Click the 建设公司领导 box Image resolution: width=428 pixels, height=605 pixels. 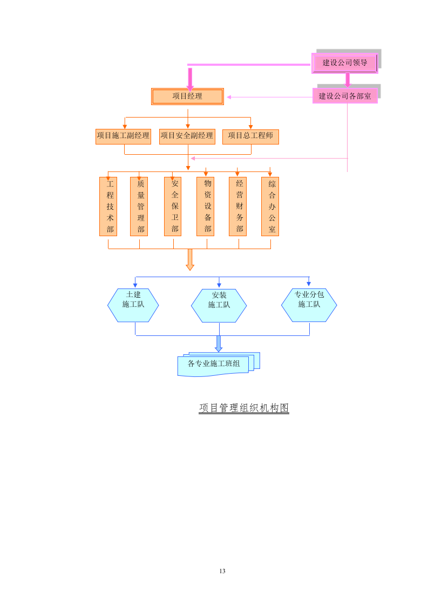click(x=345, y=63)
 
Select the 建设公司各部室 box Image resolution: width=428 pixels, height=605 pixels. click(x=345, y=96)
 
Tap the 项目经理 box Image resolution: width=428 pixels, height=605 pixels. click(x=187, y=97)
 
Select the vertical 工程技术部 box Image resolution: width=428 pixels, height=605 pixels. click(x=108, y=207)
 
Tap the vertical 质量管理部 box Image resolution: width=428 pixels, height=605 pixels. click(x=139, y=207)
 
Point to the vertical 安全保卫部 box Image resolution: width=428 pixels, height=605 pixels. click(x=173, y=207)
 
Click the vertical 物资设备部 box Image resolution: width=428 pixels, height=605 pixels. click(x=206, y=207)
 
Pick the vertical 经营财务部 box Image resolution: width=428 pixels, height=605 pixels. click(x=238, y=207)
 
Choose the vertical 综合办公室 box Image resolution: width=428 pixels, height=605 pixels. click(x=270, y=207)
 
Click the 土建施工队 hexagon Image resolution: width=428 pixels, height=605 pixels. click(x=133, y=305)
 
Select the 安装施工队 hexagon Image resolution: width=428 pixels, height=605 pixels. click(x=219, y=306)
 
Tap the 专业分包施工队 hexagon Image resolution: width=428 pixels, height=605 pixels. click(x=309, y=305)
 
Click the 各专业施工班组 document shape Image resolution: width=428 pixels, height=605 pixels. click(x=214, y=365)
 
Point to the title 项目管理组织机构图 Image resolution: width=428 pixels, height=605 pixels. click(x=244, y=408)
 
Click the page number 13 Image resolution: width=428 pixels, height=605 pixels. click(x=222, y=571)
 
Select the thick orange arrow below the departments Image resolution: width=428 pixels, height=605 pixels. click(x=190, y=259)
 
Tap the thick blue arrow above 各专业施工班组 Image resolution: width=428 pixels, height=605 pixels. click(x=219, y=343)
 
